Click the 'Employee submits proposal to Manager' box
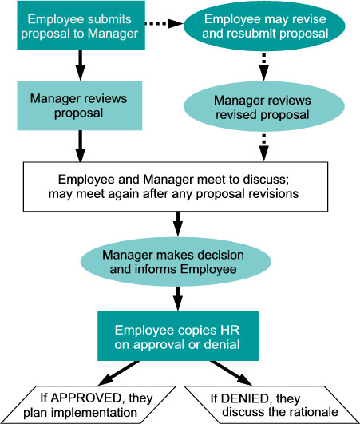click(x=81, y=26)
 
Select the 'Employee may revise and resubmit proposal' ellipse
click(x=264, y=26)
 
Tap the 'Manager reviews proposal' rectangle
click(x=80, y=105)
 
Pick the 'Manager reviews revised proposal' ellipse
click(x=264, y=106)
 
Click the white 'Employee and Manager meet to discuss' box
click(x=176, y=187)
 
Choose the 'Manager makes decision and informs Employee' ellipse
click(x=176, y=262)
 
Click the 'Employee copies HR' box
click(x=178, y=336)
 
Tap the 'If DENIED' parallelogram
click(x=272, y=405)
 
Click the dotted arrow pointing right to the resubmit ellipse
click(x=164, y=23)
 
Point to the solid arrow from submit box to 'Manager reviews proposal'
click(x=81, y=65)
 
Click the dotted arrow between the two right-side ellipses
click(x=264, y=66)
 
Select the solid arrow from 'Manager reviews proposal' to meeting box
click(x=81, y=146)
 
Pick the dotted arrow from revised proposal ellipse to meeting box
click(x=264, y=147)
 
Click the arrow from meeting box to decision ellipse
click(x=178, y=224)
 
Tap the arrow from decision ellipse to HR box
click(x=178, y=299)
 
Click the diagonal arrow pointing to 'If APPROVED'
click(x=119, y=373)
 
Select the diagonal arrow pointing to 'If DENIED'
click(x=231, y=373)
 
